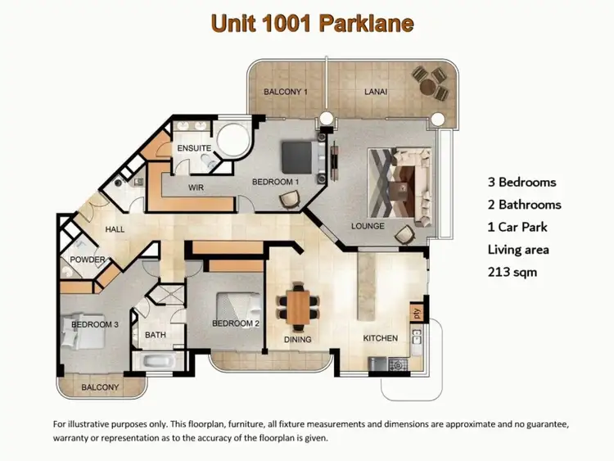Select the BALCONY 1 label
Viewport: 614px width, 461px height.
[x=285, y=92]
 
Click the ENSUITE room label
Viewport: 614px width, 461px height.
[x=195, y=148]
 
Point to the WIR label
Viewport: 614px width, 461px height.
[x=196, y=188]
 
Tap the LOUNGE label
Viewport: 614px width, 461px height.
[x=368, y=225]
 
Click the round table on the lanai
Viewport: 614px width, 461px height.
[x=428, y=82]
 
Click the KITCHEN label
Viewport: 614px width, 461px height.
[x=381, y=338]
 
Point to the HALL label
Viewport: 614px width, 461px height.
[x=115, y=229]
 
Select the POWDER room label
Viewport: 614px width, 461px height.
[x=88, y=260]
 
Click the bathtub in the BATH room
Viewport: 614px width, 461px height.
[x=156, y=360]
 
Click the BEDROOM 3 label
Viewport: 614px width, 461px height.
[x=95, y=324]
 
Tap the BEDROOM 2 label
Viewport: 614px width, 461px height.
[x=236, y=323]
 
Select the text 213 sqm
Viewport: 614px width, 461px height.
[x=512, y=271]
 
